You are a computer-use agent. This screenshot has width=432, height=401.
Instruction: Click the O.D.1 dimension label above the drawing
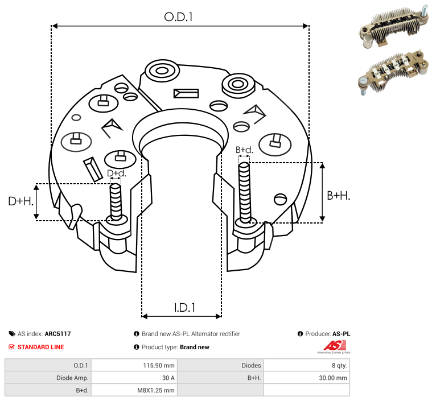coord(178,17)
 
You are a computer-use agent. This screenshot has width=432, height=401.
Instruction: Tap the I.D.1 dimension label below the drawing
coord(184,307)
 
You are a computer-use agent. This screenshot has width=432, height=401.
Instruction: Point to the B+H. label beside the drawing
coord(338,196)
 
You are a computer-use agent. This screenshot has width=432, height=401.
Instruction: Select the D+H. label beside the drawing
coord(20,201)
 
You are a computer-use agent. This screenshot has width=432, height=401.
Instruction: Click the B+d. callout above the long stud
coord(244,150)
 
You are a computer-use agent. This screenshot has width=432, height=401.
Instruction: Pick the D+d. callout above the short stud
coord(116,173)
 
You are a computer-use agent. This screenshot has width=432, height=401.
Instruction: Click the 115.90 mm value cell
coord(159,366)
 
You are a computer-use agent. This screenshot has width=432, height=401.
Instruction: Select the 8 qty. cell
coord(339,366)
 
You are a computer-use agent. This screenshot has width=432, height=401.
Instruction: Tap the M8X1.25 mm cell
coord(155,390)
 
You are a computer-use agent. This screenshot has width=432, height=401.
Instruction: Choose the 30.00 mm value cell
coord(333,378)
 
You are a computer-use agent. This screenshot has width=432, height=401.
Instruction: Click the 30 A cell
coord(168,378)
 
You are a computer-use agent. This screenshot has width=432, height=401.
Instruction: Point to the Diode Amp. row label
coord(72,378)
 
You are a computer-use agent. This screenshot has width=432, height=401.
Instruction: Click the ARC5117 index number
coord(58,334)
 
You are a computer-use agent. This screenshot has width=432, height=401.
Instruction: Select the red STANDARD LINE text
coord(41,347)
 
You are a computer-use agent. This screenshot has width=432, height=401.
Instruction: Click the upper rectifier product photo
coord(394,27)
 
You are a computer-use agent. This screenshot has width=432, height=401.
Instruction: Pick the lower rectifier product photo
coord(393,73)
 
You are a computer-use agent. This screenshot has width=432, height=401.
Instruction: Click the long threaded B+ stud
coord(245,192)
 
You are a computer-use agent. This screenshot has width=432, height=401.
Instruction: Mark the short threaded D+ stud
coord(116,202)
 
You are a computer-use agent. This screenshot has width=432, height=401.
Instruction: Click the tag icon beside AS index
coord(12,334)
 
